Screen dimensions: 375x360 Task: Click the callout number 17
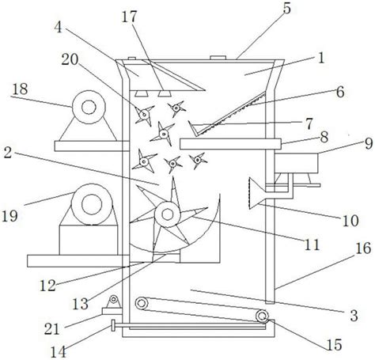(x=130, y=17)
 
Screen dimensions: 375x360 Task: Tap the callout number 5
(x=287, y=9)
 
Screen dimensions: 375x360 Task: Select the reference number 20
(x=70, y=59)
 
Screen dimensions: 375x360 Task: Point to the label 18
(x=21, y=89)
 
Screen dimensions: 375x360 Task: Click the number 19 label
(x=9, y=216)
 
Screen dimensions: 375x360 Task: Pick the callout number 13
(x=81, y=304)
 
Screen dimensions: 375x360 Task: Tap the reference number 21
(x=52, y=328)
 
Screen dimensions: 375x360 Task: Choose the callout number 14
(x=59, y=352)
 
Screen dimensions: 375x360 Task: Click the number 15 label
(x=334, y=344)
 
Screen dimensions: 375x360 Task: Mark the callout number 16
(x=363, y=248)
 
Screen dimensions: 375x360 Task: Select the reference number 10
(x=350, y=221)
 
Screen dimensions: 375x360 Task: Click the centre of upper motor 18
(x=89, y=107)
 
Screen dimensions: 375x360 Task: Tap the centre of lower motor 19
(x=92, y=205)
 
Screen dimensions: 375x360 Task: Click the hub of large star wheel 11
(x=168, y=214)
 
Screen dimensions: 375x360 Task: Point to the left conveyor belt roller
(x=142, y=303)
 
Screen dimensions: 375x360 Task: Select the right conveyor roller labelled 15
(x=262, y=316)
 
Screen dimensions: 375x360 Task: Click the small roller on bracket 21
(x=114, y=299)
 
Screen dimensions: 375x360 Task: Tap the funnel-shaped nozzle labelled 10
(x=257, y=193)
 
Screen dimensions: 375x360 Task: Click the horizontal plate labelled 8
(x=230, y=144)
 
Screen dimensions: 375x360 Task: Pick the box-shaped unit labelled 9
(x=296, y=163)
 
